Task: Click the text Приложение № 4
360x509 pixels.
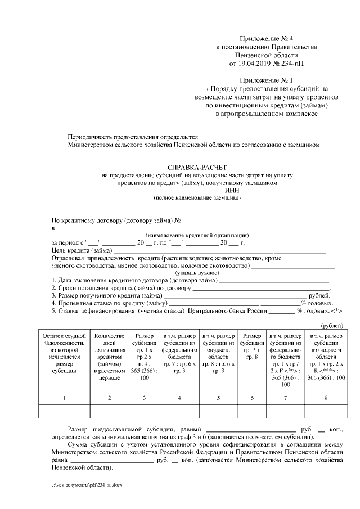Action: pyautogui.click(x=262, y=36)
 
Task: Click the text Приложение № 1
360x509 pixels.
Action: pyautogui.click(x=262, y=80)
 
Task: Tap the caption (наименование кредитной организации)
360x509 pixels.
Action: pyautogui.click(x=196, y=235)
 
